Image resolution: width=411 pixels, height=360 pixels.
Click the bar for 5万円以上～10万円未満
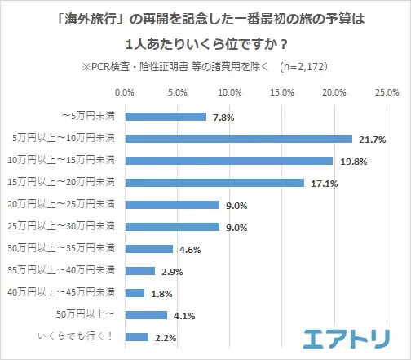238,139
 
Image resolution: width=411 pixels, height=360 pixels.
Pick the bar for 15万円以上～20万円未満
214,183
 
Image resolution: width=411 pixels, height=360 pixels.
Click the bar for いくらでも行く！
136,336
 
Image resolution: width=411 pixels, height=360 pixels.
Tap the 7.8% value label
223,118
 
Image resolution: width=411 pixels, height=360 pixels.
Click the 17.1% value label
319,184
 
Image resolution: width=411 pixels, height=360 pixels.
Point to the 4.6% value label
189,249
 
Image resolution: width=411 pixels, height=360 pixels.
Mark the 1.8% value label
160,293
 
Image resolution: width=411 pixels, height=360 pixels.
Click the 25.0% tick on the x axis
385,92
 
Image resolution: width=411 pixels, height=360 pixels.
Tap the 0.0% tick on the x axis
125,92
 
